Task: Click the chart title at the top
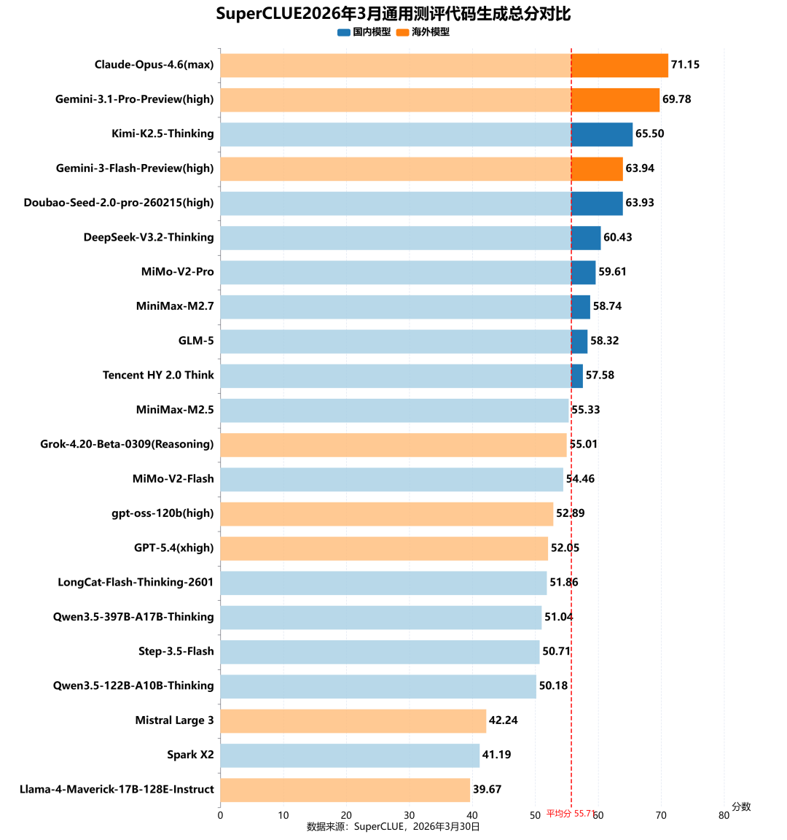(393, 14)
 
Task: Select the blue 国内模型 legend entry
(364, 32)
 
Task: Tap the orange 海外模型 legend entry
(423, 32)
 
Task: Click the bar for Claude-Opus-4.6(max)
(444, 65)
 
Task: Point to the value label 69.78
(676, 99)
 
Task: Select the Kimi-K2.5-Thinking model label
(163, 133)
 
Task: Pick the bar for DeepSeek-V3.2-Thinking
(410, 238)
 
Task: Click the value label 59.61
(612, 272)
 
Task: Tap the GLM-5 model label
(196, 341)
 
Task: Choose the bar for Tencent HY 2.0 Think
(402, 376)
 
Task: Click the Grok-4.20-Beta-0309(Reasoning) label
(127, 444)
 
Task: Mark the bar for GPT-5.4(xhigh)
(384, 548)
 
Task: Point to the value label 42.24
(503, 720)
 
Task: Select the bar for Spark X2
(350, 755)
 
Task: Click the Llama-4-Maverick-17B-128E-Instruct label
(117, 789)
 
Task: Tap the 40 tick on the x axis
(472, 815)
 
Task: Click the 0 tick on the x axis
(220, 815)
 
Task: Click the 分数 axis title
(741, 806)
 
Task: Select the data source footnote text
(393, 826)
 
